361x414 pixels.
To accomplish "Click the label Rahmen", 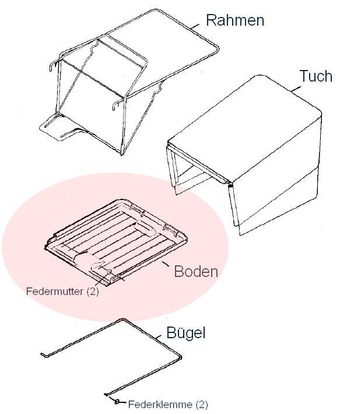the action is (x=235, y=20).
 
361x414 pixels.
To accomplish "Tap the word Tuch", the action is (x=316, y=76).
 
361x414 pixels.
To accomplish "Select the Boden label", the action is (x=196, y=271).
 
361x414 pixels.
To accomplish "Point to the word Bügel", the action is (x=186, y=333).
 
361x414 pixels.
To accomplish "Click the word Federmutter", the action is (x=55, y=291).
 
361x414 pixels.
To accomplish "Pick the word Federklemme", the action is (x=160, y=404).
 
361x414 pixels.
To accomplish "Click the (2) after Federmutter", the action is (x=92, y=292).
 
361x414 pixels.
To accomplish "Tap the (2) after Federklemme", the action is (x=201, y=405).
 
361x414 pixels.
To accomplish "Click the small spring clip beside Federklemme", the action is (x=117, y=402).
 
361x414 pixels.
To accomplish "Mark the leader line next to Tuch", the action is (x=296, y=89).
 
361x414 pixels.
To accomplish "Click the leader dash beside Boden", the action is (x=166, y=264).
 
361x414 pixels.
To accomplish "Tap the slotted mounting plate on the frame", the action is (x=60, y=128).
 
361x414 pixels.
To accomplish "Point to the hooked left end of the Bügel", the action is (x=43, y=354).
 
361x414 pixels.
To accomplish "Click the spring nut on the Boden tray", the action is (x=109, y=272).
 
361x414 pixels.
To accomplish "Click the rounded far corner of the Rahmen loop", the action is (x=216, y=48).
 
